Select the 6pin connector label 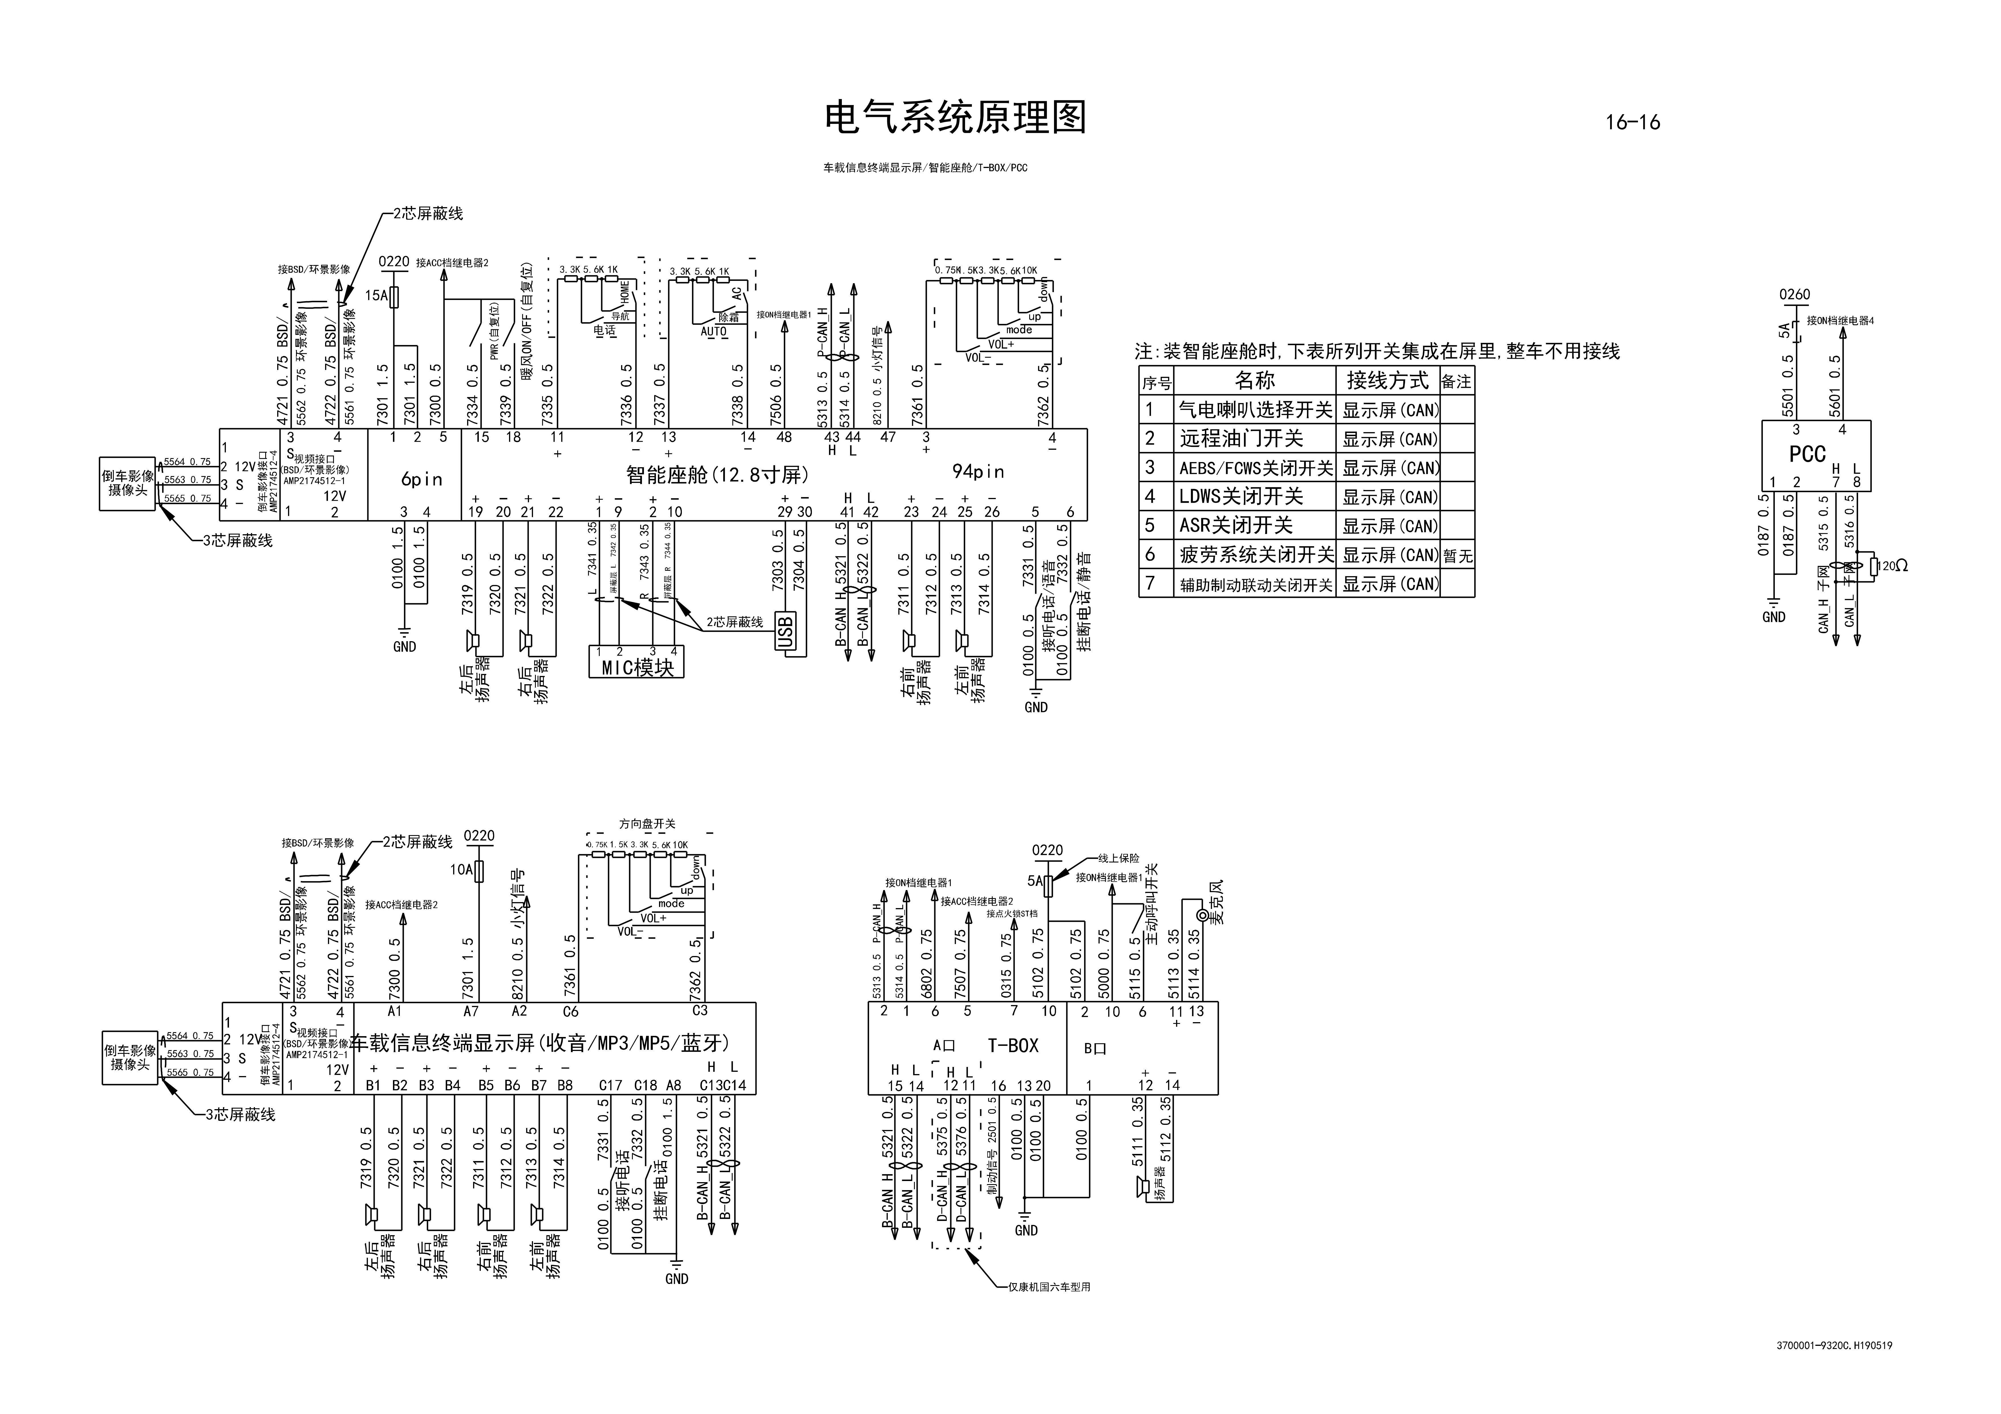coord(422,479)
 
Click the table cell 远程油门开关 coord(1241,439)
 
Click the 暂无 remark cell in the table coord(1457,555)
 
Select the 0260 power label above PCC coord(1795,295)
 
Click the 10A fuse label coord(461,869)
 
